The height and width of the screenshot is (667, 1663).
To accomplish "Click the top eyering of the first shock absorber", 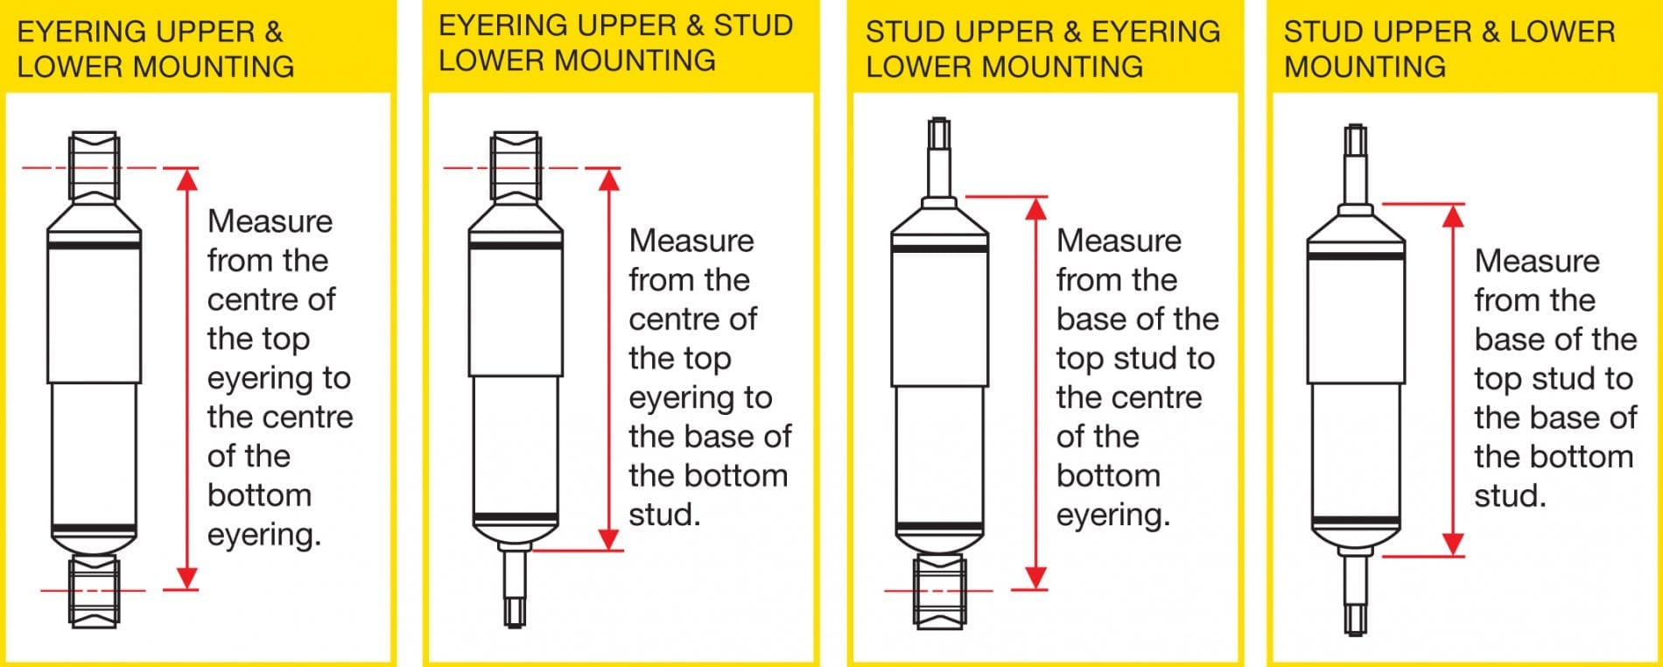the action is click(x=94, y=167).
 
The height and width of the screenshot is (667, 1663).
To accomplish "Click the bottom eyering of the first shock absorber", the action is click(x=94, y=591).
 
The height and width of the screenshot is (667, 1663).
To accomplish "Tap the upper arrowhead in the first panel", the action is click(x=187, y=179).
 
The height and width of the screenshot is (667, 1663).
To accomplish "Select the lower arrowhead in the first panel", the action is click(x=187, y=578).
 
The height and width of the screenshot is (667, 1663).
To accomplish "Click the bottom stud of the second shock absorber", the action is click(x=516, y=584).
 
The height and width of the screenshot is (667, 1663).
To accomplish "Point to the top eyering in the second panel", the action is click(x=516, y=167).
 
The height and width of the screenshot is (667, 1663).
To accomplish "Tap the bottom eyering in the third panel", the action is click(x=939, y=591).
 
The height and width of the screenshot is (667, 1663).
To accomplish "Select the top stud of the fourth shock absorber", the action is click(x=1356, y=167).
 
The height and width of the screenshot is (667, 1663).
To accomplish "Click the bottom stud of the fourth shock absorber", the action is click(x=1356, y=591).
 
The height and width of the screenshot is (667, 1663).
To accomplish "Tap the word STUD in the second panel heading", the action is click(x=754, y=25).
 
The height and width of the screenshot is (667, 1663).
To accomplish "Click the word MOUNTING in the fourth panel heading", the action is click(x=1365, y=67).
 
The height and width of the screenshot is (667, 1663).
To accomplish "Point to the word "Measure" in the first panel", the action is click(x=270, y=221).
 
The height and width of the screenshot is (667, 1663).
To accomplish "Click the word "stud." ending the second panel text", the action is click(x=664, y=515).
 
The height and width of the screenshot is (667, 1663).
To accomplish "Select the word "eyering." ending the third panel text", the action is click(x=1112, y=516).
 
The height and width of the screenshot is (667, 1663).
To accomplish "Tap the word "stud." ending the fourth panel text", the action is click(x=1510, y=496).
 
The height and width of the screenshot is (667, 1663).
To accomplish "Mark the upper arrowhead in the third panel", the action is click(x=1036, y=208).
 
